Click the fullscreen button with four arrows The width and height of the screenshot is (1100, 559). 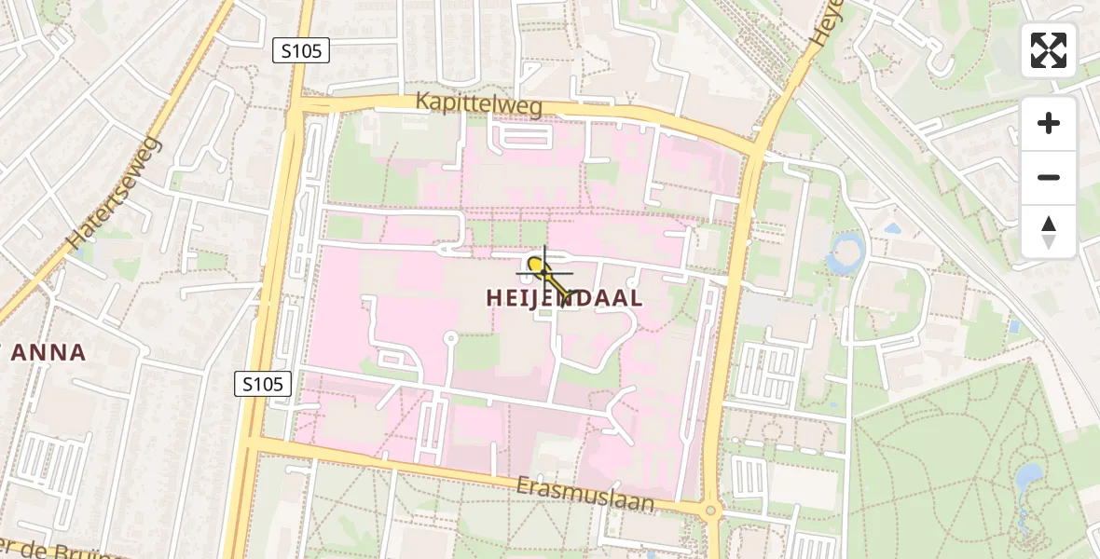point(1049,50)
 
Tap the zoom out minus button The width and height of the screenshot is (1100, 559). point(1049,177)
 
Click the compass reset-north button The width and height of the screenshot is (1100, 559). point(1049,232)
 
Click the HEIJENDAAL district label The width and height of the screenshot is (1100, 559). point(564,298)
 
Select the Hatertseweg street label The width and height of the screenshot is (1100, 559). point(116,193)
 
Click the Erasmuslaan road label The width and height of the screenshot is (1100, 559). point(586,495)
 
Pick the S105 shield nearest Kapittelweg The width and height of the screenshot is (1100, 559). point(301,50)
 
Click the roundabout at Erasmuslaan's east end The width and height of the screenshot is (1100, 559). point(711,510)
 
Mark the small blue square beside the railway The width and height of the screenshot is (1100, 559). point(1014,326)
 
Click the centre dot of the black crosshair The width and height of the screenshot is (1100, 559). point(543,272)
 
